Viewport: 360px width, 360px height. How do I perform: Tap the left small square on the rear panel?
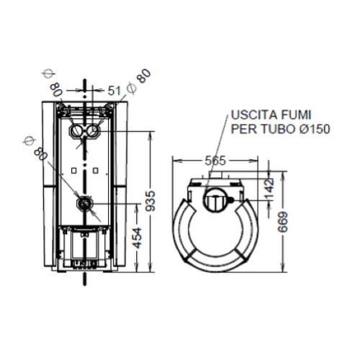coord(73,171)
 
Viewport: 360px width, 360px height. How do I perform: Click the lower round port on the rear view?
coord(84,204)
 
